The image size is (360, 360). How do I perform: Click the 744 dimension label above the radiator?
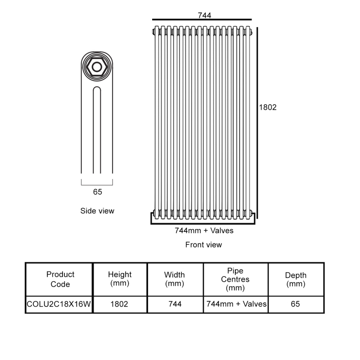point(204,15)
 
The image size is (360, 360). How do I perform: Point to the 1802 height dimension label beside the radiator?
point(268,107)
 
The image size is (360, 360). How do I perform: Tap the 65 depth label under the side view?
point(97,192)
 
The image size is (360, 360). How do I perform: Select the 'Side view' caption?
point(97,211)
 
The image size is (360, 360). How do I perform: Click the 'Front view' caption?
point(203,245)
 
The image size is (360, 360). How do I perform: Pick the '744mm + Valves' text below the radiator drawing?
point(204,230)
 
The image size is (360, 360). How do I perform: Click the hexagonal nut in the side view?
point(97,67)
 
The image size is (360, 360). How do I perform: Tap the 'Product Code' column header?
point(60,279)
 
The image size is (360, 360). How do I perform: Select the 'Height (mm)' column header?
point(120,279)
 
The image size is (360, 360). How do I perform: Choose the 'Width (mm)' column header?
point(175,279)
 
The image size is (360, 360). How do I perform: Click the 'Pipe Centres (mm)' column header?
point(235,279)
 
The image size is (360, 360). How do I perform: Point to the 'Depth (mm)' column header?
point(296,279)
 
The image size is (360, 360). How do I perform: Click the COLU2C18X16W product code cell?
point(59,304)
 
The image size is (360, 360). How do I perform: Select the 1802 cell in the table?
point(119,304)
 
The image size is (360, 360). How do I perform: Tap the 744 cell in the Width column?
point(175,304)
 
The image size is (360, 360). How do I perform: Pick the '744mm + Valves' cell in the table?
point(236,304)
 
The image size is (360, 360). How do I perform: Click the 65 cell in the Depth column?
point(295,304)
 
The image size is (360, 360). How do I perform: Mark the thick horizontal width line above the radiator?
point(202,20)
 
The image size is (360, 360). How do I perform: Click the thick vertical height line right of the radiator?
point(257,123)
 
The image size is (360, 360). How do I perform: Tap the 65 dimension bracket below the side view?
point(97,185)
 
